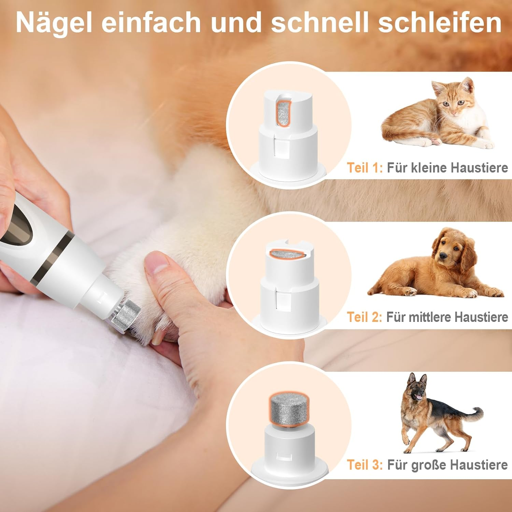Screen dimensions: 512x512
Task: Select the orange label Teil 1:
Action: click(365, 168)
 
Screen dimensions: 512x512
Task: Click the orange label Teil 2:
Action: click(364, 317)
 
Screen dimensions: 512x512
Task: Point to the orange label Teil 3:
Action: click(365, 465)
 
